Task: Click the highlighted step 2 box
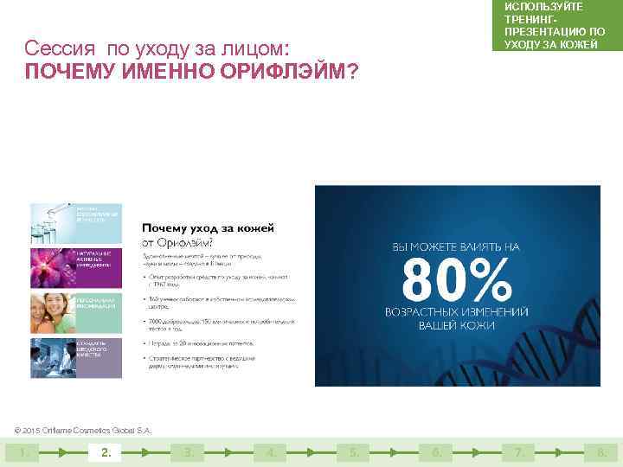click(x=106, y=451)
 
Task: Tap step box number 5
click(x=354, y=451)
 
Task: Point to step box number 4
click(x=272, y=451)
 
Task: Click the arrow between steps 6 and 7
click(x=477, y=451)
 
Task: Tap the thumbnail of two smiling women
click(x=76, y=312)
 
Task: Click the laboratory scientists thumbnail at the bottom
click(x=76, y=356)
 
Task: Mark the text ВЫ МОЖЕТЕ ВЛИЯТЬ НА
click(x=457, y=246)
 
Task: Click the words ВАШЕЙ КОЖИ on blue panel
click(x=457, y=326)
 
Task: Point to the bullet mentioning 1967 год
click(x=216, y=280)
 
